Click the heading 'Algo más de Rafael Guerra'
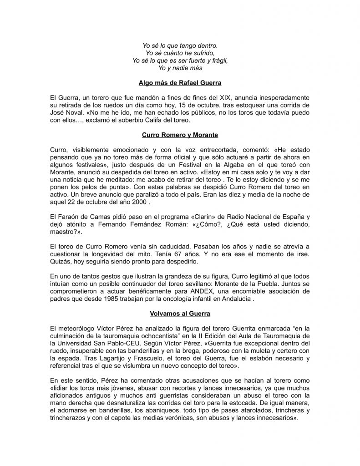pyautogui.click(x=180, y=83)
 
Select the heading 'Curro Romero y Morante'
pyautogui.click(x=180, y=135)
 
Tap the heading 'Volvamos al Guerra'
pyautogui.click(x=180, y=314)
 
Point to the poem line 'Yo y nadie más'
pyautogui.click(x=180, y=68)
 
